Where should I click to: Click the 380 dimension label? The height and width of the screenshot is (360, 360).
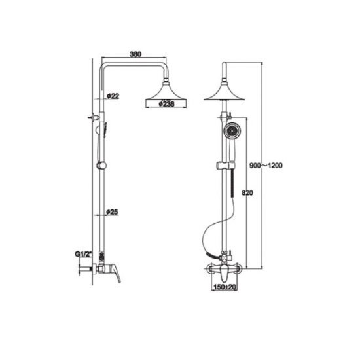pos(135,54)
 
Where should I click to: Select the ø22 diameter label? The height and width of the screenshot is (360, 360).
pos(113,96)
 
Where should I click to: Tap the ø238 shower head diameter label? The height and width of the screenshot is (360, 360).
pos(167,104)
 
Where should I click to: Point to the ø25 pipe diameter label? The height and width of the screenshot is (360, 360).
pos(112,212)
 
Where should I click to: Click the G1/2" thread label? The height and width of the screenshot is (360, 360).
pos(83,254)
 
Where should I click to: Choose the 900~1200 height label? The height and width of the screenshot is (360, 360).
pos(266,166)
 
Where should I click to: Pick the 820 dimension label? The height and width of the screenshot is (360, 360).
pos(247,193)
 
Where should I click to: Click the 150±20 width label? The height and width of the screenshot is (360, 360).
pos(225,287)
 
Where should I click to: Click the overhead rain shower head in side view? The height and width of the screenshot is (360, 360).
pos(166,95)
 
